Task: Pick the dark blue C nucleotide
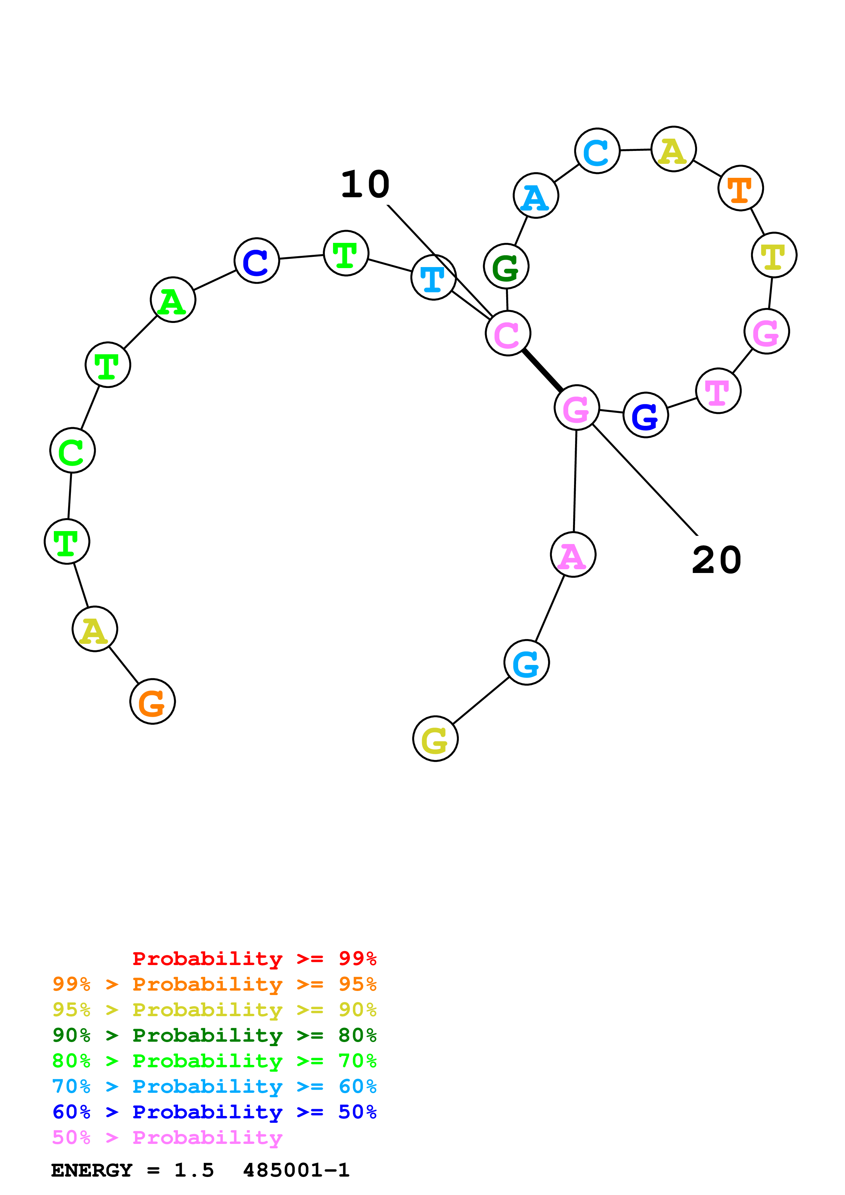coord(257,260)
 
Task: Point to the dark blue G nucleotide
coord(646,415)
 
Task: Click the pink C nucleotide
coord(508,333)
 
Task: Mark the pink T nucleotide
coord(718,390)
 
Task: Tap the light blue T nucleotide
coord(433,277)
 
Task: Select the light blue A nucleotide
coord(536,196)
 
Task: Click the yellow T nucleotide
coord(774,255)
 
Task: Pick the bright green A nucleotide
coord(173,299)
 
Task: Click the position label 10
coord(365,185)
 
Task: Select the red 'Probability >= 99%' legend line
coord(254,959)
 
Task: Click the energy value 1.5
coord(194,1170)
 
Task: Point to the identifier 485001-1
coord(296,1170)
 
